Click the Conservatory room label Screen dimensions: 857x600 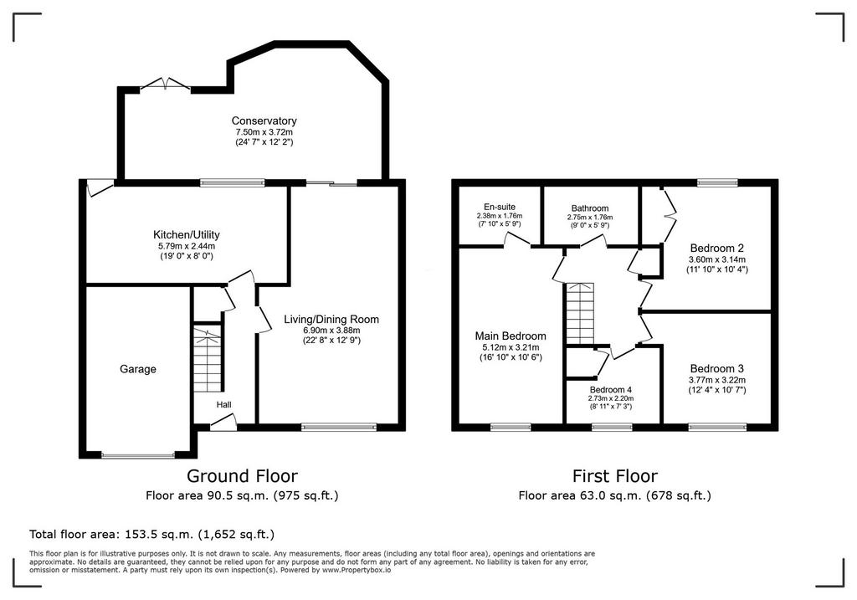point(264,121)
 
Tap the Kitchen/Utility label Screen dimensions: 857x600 point(187,234)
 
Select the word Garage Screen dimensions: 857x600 point(138,369)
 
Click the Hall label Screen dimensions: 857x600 point(224,405)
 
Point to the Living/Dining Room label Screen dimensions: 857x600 point(331,319)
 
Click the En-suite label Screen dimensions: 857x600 point(500,207)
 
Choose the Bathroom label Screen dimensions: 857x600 point(590,208)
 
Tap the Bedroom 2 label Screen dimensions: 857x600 point(717,248)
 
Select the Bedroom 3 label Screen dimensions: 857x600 point(717,369)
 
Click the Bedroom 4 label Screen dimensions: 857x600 point(611,390)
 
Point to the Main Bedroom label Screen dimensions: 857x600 point(511,336)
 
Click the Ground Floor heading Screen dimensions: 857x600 point(242,476)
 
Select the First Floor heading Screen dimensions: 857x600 point(615,476)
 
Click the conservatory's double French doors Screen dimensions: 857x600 point(166,85)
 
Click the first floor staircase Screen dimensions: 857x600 point(580,314)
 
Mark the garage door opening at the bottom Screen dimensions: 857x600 point(138,454)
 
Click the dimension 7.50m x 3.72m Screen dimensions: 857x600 point(264,132)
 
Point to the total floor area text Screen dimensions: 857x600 point(152,534)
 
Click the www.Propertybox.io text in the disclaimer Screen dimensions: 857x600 point(357,570)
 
